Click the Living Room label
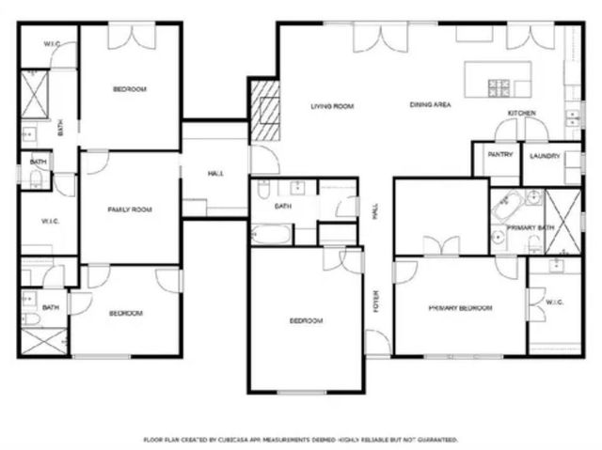pos(332,106)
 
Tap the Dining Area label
pos(430,105)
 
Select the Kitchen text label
pos(522,114)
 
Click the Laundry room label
pos(545,156)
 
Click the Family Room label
pos(130,209)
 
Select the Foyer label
pos(375,303)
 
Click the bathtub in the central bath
pos(273,233)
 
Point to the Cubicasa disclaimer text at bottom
pos(300,439)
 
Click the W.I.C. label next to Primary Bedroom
pos(554,302)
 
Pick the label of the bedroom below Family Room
pos(125,312)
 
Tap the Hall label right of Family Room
pos(215,175)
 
